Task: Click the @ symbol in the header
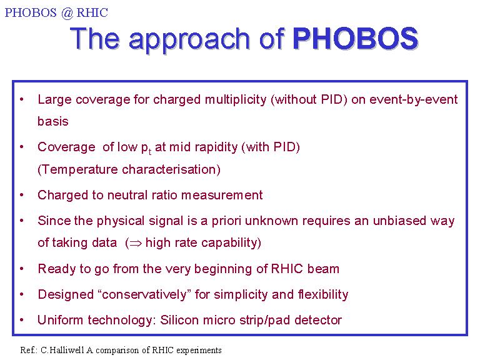(x=67, y=13)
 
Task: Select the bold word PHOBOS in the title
(x=356, y=39)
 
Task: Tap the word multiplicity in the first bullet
(x=236, y=100)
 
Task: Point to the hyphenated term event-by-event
(x=414, y=100)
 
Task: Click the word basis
(x=53, y=121)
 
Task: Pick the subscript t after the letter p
(x=150, y=152)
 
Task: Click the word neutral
(x=127, y=195)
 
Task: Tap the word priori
(x=226, y=221)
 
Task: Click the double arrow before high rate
(x=136, y=243)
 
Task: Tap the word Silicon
(x=179, y=320)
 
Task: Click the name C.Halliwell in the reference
(x=62, y=350)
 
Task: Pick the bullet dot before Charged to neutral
(x=22, y=195)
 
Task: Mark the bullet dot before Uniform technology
(x=22, y=320)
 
